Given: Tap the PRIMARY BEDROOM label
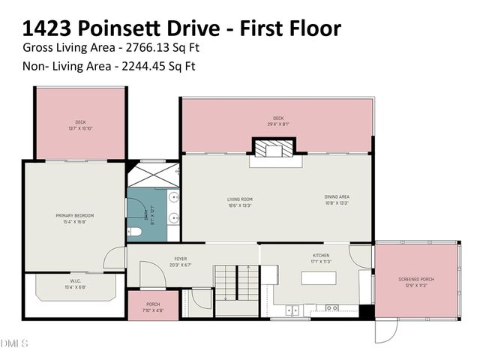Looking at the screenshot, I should tap(73, 218).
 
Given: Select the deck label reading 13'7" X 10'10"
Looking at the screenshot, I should tap(79, 125).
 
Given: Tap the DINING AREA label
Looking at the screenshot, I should tap(337, 199).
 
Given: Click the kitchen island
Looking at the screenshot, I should tap(322, 277).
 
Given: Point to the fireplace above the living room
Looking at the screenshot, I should tap(275, 150).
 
